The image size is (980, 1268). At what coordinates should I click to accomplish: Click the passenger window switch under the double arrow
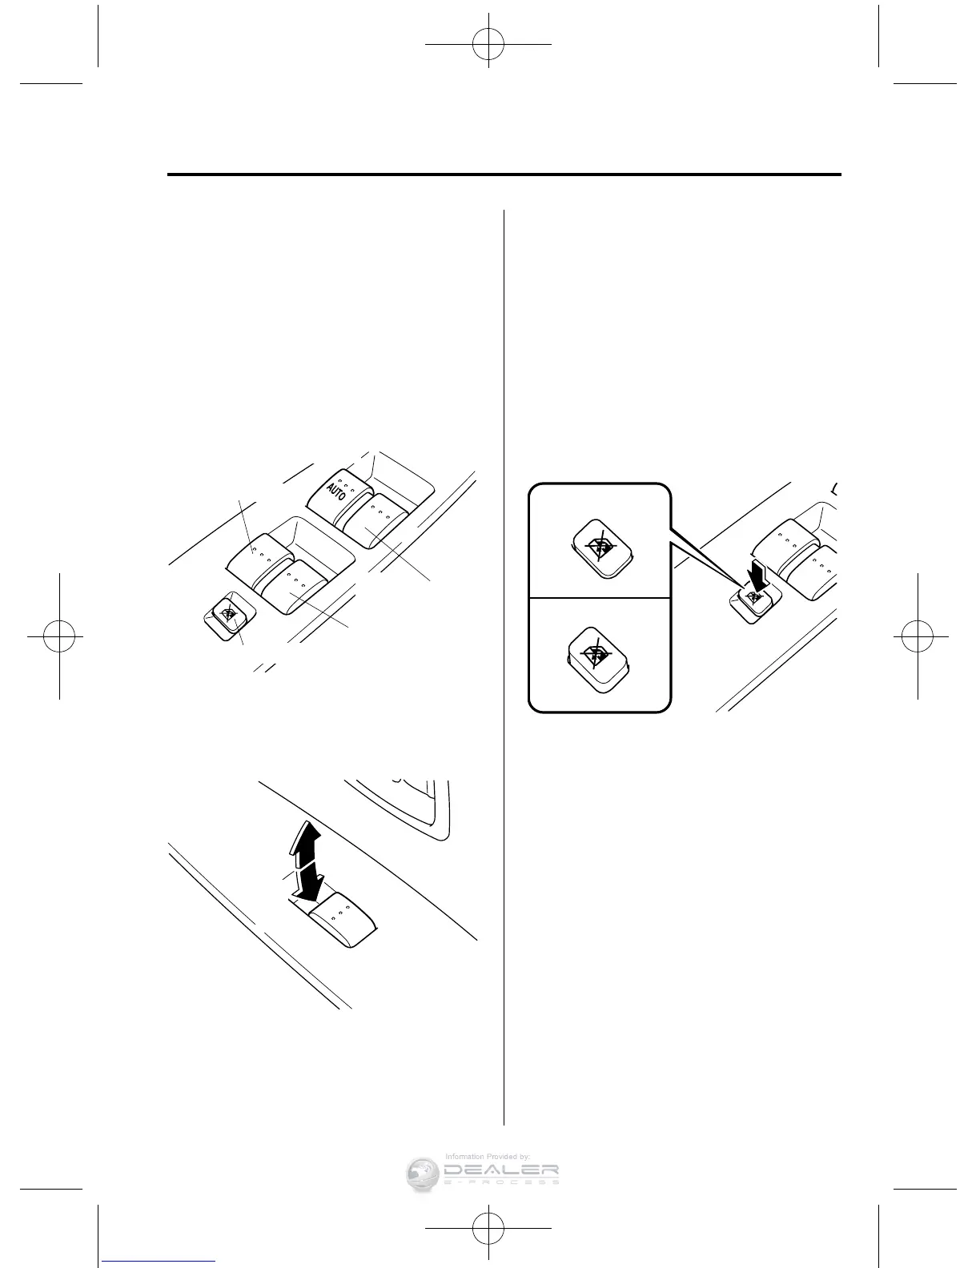pyautogui.click(x=343, y=921)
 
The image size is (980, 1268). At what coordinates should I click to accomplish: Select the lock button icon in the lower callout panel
pyautogui.click(x=598, y=658)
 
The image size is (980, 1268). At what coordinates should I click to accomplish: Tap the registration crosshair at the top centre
pyautogui.click(x=488, y=45)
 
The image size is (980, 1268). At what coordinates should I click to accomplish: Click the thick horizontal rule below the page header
pyautogui.click(x=504, y=175)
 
